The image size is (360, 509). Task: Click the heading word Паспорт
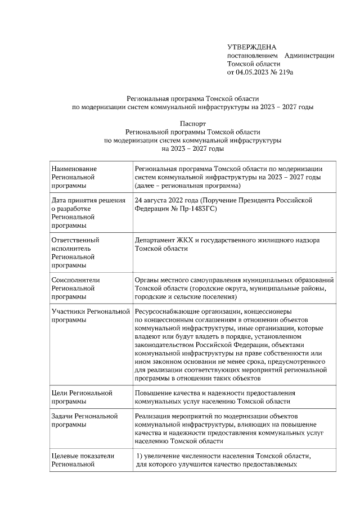click(x=193, y=123)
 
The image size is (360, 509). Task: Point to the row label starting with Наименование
click(x=74, y=168)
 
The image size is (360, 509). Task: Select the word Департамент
click(x=155, y=240)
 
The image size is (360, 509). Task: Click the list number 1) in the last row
click(x=142, y=456)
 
